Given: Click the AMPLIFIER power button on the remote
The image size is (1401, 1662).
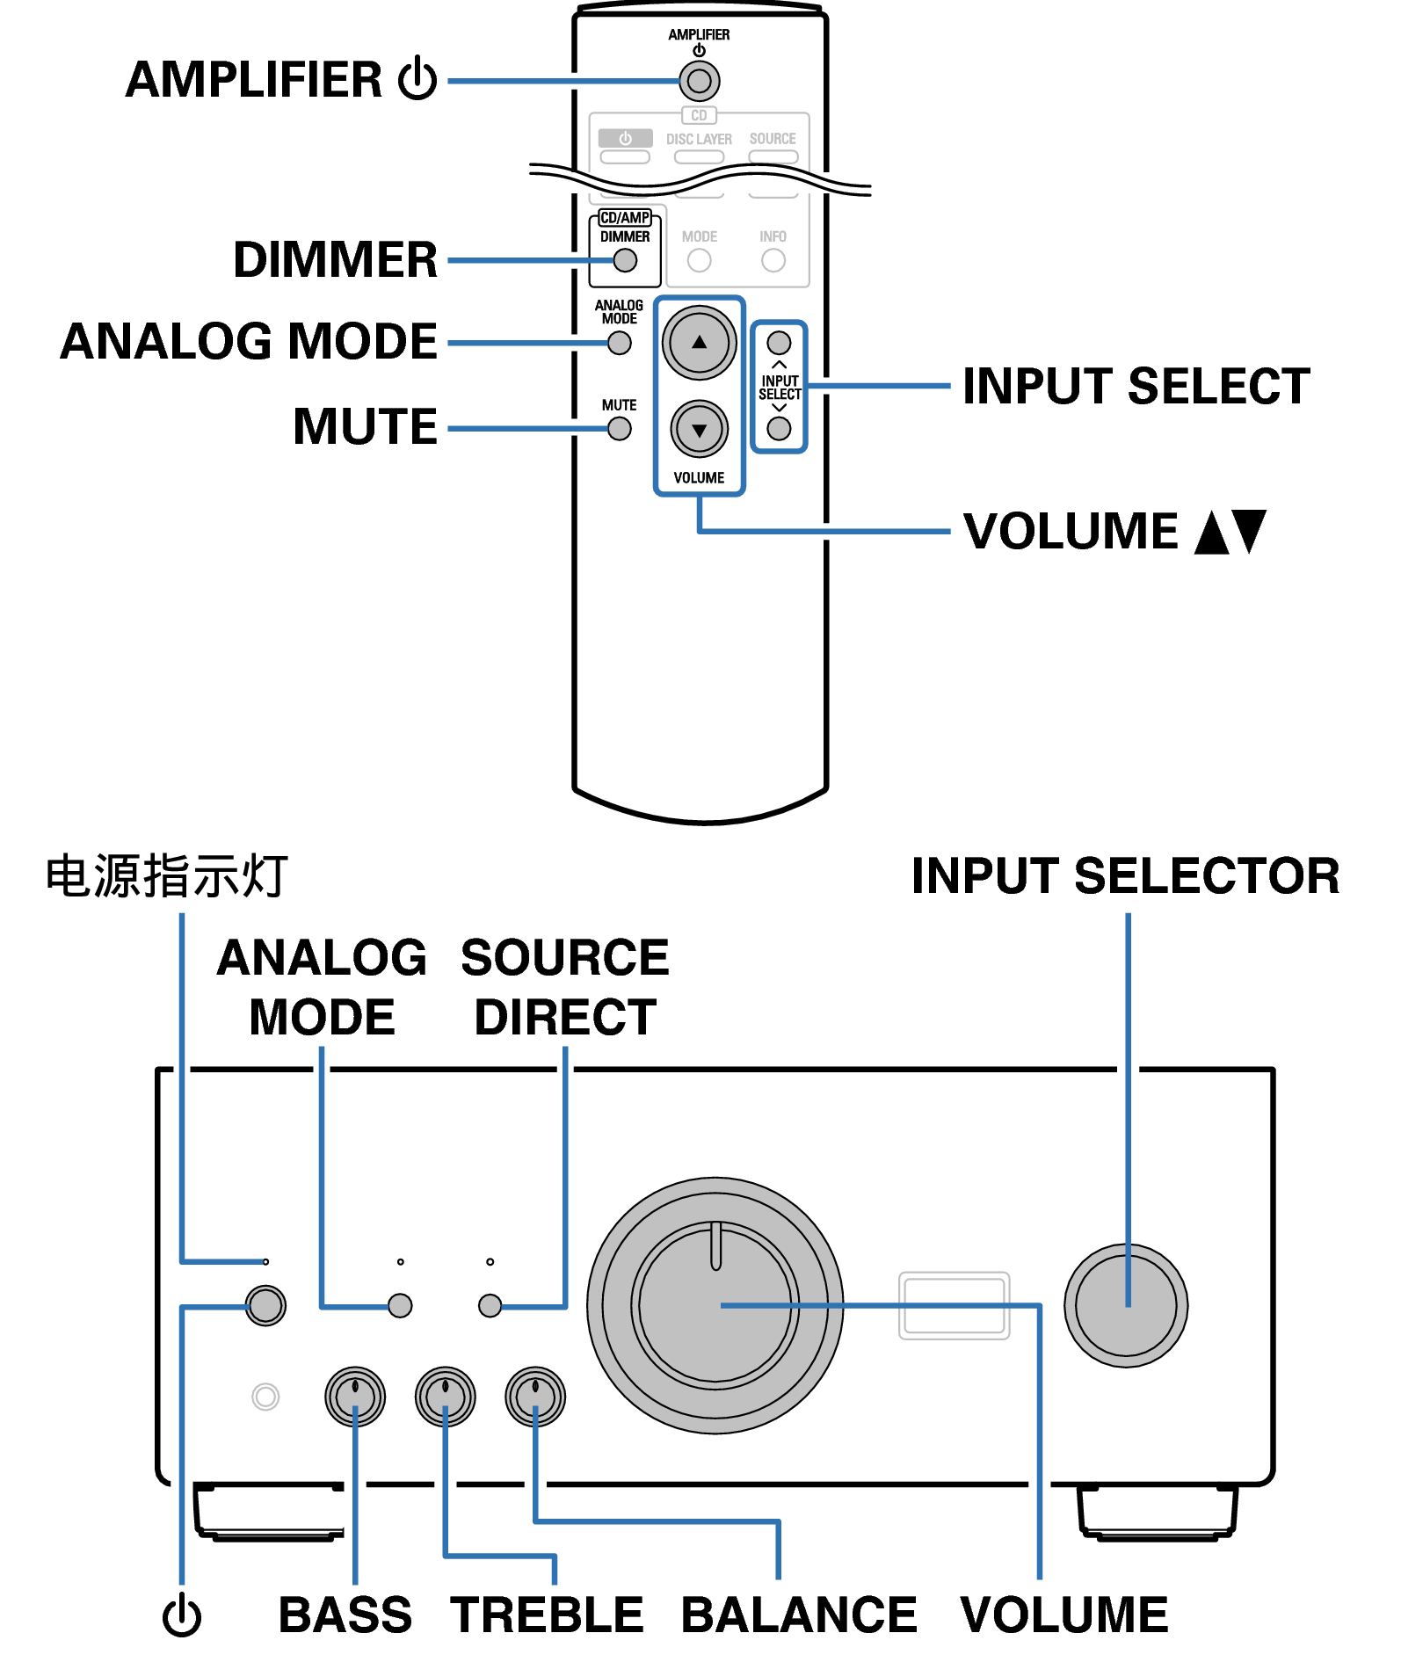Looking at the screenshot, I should pos(699,82).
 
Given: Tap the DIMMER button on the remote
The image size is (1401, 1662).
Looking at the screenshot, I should pos(625,260).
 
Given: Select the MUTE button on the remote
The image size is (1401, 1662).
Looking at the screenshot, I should pos(620,429).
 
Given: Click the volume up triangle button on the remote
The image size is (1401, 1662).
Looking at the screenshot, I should pos(699,343).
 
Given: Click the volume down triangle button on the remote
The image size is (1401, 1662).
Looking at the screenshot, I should pos(699,430).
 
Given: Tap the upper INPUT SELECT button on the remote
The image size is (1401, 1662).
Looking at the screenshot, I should pos(779,343).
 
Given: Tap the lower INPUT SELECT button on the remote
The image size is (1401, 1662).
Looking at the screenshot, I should pos(779,429).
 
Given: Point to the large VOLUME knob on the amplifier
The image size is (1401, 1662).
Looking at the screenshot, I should pos(715,1305).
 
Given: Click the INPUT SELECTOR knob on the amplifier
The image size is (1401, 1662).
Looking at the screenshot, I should pos(1126,1305).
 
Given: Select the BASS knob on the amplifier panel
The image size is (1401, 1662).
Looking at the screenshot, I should pos(355,1397).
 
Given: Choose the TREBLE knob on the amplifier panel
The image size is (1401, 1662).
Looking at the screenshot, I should pos(446,1397).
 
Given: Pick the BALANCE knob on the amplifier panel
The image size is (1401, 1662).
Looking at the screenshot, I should pos(535,1397).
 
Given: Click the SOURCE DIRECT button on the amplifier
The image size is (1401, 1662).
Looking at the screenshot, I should pos(490,1306).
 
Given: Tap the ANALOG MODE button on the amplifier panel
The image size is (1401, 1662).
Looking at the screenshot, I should pos(400,1306).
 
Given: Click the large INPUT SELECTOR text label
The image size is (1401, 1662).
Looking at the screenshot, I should pos(1125,876).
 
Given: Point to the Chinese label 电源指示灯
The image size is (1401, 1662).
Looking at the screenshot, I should pos(167,876).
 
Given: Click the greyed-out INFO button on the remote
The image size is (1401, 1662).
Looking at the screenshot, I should pos(773,260).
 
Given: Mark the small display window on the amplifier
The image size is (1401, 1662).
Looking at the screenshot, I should pos(954,1305).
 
